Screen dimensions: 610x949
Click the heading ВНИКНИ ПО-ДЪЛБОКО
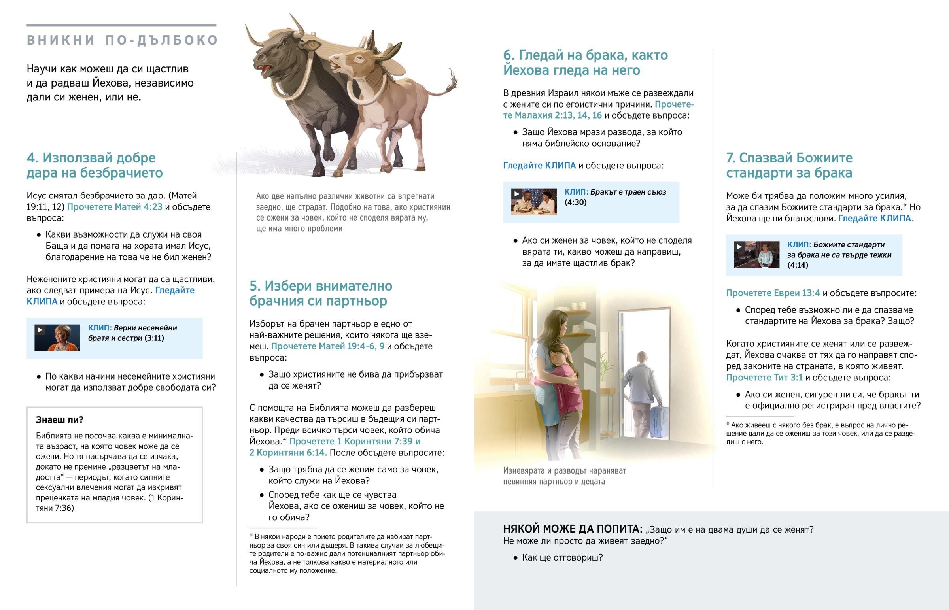pos(122,40)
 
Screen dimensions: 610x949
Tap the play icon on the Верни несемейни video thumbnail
pos(40,330)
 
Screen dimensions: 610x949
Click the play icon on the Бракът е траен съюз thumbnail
pos(516,194)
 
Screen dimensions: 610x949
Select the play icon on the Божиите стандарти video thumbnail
pos(739,246)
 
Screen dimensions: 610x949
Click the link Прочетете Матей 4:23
pos(114,207)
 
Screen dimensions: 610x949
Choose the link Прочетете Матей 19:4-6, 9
pos(327,346)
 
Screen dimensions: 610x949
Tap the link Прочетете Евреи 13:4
pos(773,293)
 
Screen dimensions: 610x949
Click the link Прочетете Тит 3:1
pos(764,378)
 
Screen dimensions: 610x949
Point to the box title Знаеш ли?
pos(59,420)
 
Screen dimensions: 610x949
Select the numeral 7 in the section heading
pos(730,158)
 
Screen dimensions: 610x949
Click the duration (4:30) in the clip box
pos(575,202)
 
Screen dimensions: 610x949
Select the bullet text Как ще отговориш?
pos(562,558)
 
